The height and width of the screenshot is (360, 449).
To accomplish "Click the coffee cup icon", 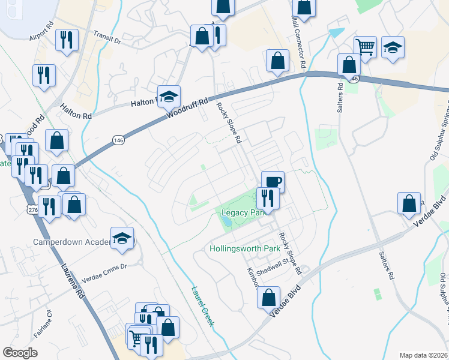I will (273, 181).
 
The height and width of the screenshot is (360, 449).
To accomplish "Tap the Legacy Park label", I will (242, 213).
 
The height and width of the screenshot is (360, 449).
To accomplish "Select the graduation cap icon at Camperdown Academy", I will (122, 238).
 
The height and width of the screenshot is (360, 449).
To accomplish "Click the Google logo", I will (20, 353).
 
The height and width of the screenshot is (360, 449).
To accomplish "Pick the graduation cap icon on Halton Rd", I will (169, 95).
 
